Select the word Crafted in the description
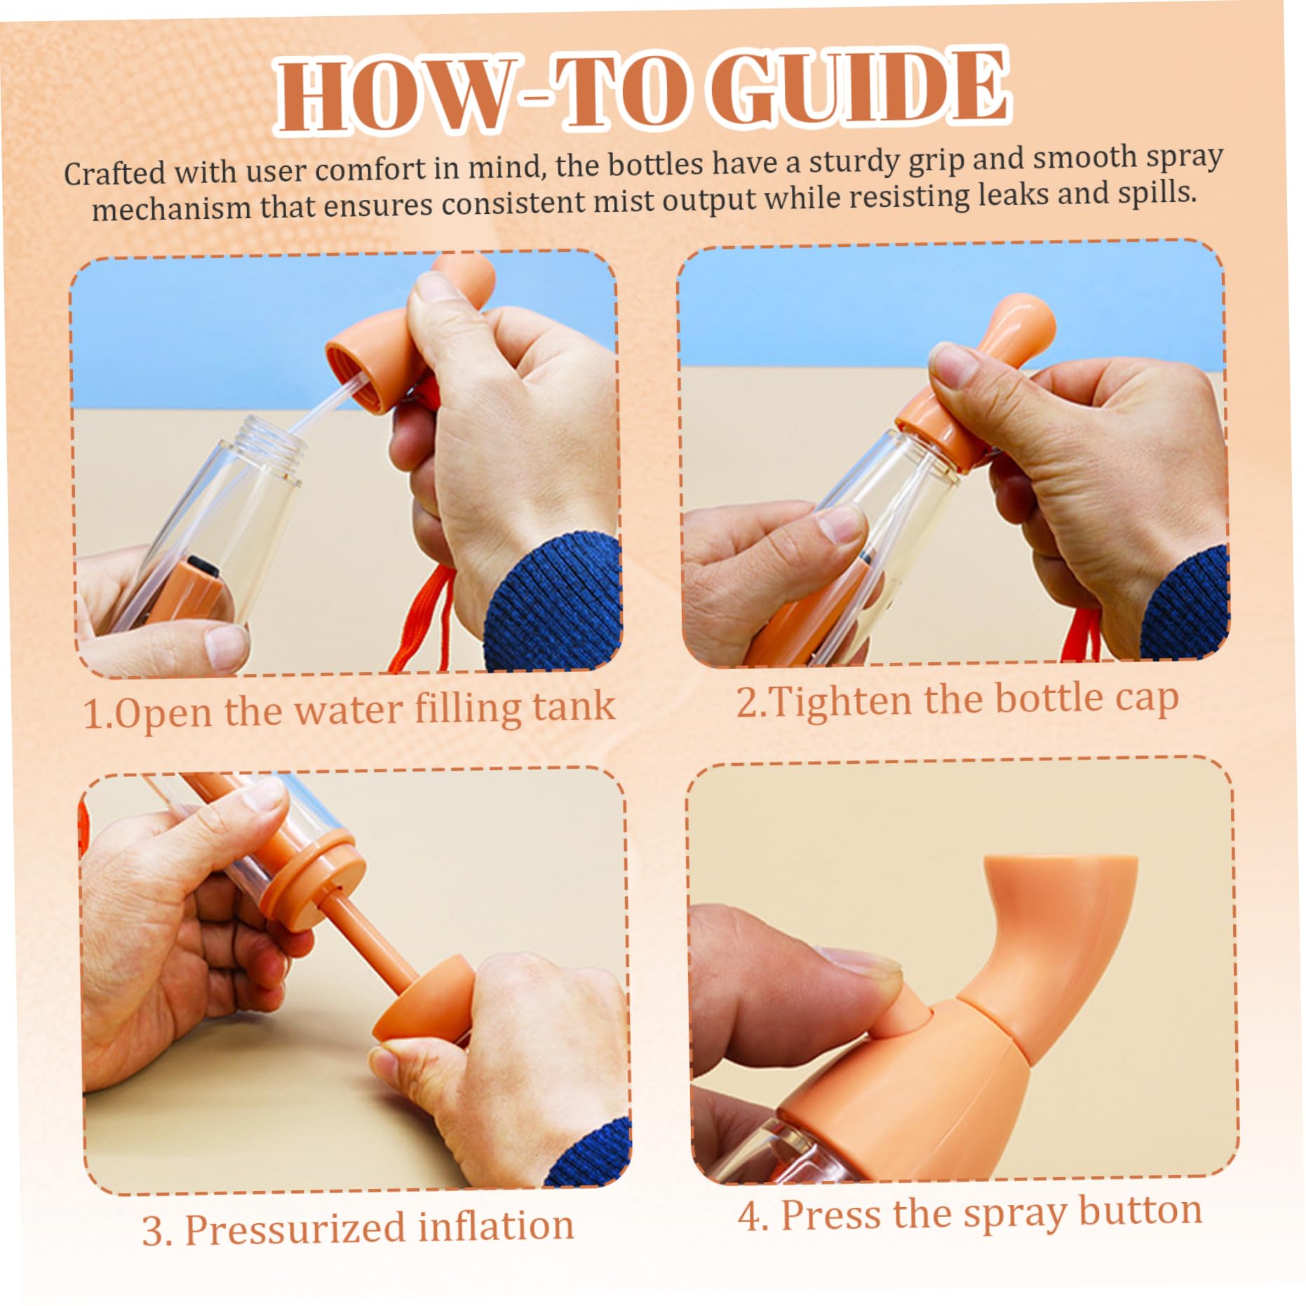pos(114,173)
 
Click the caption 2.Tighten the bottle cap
pos(957,700)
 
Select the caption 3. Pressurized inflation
pos(358,1227)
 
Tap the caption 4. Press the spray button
pos(969,1214)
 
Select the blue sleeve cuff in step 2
pos(1185,603)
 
